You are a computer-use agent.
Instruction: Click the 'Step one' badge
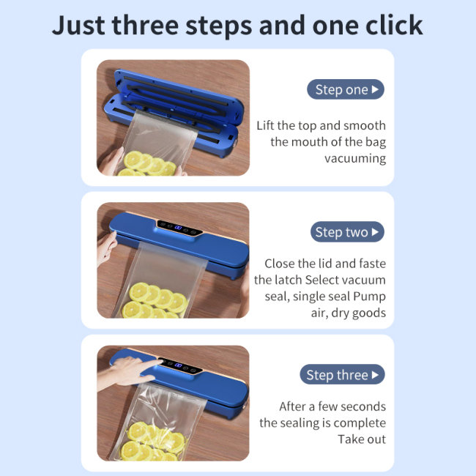[346, 90]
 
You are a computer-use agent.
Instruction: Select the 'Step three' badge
[342, 375]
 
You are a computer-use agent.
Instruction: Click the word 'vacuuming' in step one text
[354, 158]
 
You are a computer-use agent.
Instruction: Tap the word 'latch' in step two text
[286, 280]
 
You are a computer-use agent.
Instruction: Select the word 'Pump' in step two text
[369, 296]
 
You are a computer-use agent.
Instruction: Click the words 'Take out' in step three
[361, 439]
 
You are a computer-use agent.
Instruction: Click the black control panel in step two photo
[180, 227]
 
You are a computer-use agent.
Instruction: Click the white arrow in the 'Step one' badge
[376, 90]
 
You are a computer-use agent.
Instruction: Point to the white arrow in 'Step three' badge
[376, 375]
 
